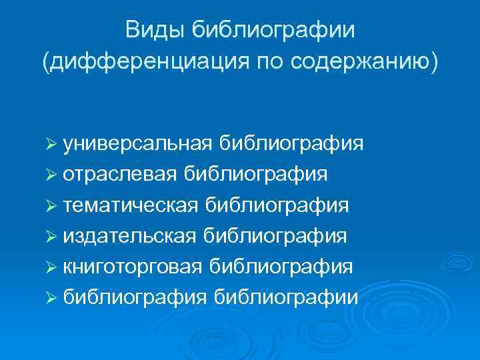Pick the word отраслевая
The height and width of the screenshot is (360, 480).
[120, 174]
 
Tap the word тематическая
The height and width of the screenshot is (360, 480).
[131, 205]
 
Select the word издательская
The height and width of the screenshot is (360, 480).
[129, 235]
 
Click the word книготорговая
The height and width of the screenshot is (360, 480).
[132, 266]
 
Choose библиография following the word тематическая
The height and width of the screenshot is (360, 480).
[277, 205]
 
